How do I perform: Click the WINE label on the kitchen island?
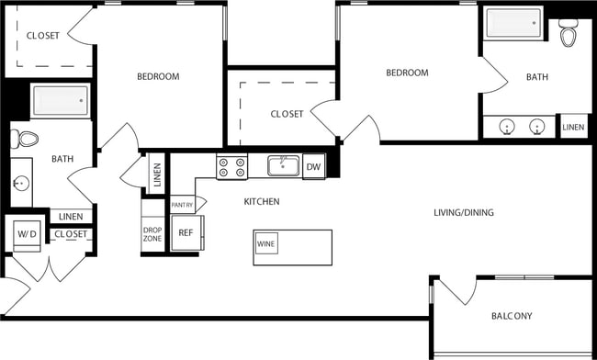266,245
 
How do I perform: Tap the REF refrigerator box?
184,233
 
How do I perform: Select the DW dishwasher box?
313,166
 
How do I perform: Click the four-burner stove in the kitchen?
231,166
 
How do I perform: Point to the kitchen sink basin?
283,165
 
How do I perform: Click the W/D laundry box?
25,234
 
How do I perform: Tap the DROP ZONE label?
152,233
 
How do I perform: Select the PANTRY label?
182,205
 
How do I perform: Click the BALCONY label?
512,316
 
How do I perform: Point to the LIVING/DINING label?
464,213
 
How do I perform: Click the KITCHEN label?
262,201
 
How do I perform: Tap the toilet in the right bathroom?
569,36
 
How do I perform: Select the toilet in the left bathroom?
26,140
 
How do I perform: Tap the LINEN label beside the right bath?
573,128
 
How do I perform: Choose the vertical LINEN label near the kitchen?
157,174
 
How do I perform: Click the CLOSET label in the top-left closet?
43,36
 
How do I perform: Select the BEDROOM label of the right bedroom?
407,73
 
